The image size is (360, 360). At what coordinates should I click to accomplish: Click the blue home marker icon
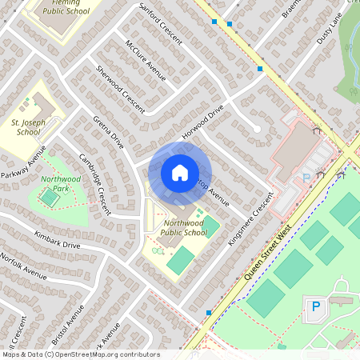pyautogui.click(x=180, y=173)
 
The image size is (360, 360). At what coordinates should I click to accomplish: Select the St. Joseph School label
pyautogui.click(x=27, y=126)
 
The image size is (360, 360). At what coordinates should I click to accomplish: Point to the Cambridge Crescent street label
pyautogui.click(x=94, y=183)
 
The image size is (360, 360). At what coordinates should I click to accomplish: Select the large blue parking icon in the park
pyautogui.click(x=315, y=306)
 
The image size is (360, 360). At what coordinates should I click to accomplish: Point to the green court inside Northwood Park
pyautogui.click(x=50, y=196)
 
